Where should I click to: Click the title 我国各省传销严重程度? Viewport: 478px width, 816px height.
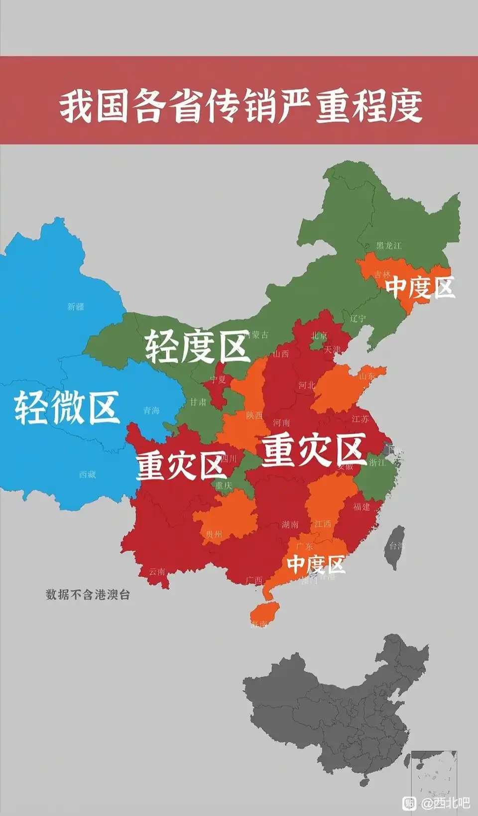pyautogui.click(x=241, y=106)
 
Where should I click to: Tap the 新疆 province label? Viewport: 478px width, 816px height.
pyautogui.click(x=76, y=307)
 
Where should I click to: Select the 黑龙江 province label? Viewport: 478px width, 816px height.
pyautogui.click(x=388, y=245)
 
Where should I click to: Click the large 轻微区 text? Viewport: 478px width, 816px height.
pyautogui.click(x=66, y=407)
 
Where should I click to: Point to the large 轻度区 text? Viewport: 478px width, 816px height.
pyautogui.click(x=197, y=347)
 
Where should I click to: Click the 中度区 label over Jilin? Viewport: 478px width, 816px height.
pyautogui.click(x=420, y=287)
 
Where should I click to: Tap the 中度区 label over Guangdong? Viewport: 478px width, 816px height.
pyautogui.click(x=316, y=564)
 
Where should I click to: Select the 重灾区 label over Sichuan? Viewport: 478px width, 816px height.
pyautogui.click(x=180, y=466)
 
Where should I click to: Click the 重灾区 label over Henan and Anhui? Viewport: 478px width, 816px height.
pyautogui.click(x=314, y=450)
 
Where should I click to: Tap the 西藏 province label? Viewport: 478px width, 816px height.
pyautogui.click(x=87, y=474)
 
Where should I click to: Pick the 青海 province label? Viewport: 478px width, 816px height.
pyautogui.click(x=151, y=410)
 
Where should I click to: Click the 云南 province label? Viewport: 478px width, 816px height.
pyautogui.click(x=157, y=572)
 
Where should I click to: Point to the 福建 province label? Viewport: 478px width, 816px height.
pyautogui.click(x=361, y=506)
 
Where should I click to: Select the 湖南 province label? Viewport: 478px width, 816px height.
pyautogui.click(x=290, y=524)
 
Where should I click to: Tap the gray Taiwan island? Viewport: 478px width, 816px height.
pyautogui.click(x=396, y=548)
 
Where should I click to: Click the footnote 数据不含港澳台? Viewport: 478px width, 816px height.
pyautogui.click(x=88, y=594)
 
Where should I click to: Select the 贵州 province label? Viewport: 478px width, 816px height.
pyautogui.click(x=214, y=534)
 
